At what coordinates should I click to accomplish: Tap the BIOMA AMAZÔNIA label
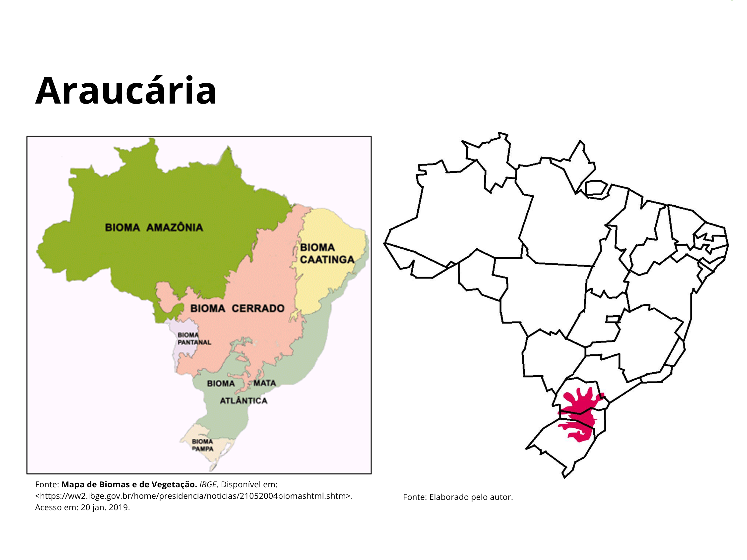click(x=154, y=227)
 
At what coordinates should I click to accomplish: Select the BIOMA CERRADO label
click(x=237, y=308)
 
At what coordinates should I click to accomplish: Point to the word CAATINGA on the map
click(x=327, y=260)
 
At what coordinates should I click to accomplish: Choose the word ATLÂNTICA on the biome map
click(x=244, y=401)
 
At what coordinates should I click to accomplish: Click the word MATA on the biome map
click(x=265, y=383)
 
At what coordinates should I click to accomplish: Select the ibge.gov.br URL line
click(x=194, y=496)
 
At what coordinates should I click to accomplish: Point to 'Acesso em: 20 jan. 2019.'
click(x=82, y=507)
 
